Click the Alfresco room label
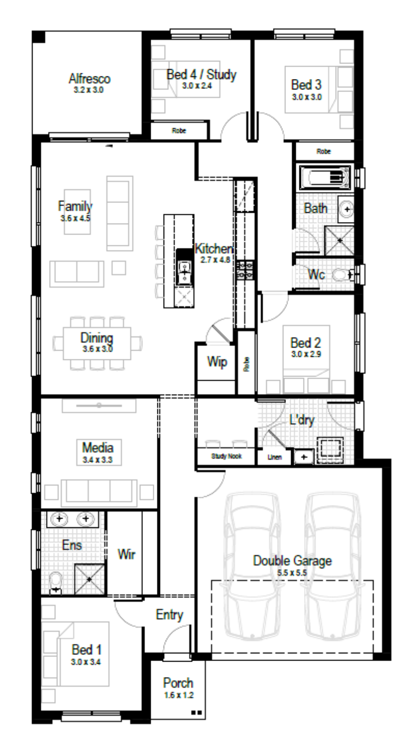[x=89, y=79]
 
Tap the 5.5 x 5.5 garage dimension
[x=292, y=572]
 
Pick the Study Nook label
[x=227, y=456]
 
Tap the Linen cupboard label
[x=275, y=457]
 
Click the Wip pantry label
[x=217, y=362]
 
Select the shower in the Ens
[x=89, y=579]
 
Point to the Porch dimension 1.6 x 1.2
[x=179, y=695]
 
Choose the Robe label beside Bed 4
[x=179, y=131]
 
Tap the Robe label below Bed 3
[x=324, y=151]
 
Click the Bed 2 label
[x=306, y=343]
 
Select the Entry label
[x=169, y=615]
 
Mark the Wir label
[x=126, y=554]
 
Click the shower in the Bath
[x=340, y=241]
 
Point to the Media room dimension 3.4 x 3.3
[x=98, y=460]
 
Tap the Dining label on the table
[x=97, y=338]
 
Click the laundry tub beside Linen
[x=304, y=457]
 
